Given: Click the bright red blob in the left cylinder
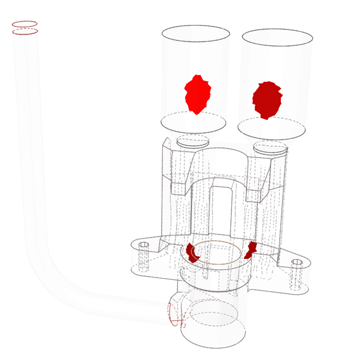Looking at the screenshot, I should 197,94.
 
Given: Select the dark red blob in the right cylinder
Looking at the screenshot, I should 267,99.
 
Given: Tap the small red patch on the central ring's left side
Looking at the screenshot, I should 193,252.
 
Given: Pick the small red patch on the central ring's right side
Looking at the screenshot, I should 251,249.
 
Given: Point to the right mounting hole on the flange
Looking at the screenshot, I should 297,263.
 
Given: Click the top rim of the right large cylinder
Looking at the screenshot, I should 277,30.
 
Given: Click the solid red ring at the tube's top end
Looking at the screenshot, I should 24,24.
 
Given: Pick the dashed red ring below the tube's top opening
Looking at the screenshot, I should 25,32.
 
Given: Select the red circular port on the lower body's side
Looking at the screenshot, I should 176,315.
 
